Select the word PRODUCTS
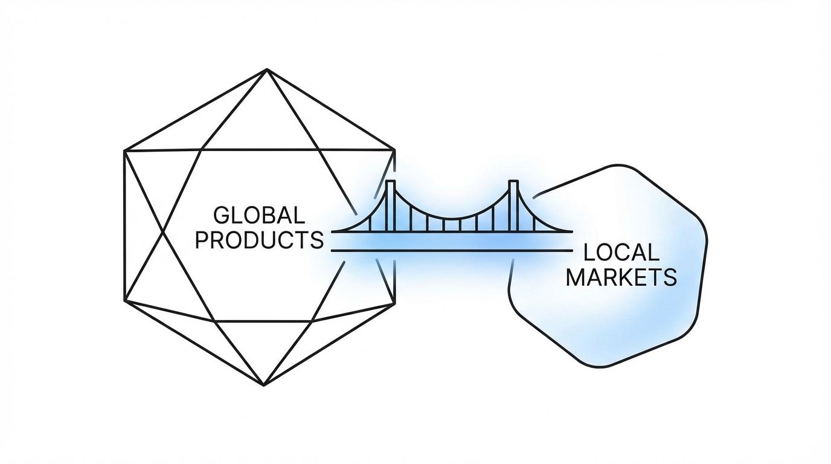(260, 240)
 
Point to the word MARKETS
(621, 277)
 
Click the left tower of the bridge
(390, 205)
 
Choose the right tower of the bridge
(513, 205)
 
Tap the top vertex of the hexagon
(266, 69)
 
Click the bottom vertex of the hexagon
(264, 385)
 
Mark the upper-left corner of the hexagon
(124, 150)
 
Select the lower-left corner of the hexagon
(124, 301)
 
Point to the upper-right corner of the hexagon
(395, 149)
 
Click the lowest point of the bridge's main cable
(452, 219)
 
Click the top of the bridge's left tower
(390, 182)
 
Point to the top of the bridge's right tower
(513, 182)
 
